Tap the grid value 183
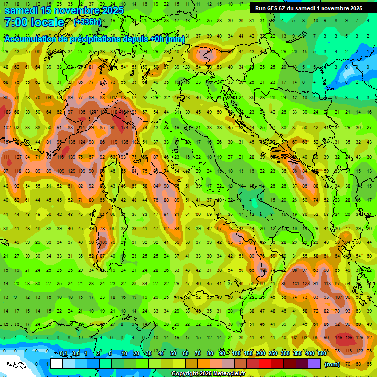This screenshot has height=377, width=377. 7,112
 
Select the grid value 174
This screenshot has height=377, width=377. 126,128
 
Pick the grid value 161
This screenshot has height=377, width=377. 125,112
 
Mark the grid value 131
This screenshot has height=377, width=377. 296,284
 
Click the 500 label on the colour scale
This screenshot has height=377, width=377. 322,353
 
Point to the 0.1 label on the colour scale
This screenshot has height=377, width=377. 64,353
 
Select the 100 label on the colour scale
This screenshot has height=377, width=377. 236,353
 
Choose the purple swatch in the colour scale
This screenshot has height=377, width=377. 315,364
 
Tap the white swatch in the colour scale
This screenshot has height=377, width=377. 56,364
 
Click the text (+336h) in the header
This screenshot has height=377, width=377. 88,22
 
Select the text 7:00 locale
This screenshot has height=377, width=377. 34,22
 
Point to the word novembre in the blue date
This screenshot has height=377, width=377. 76,10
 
